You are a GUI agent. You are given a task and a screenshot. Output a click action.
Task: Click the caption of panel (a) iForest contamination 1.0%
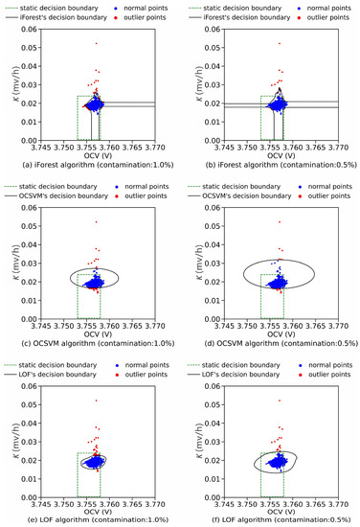[x=91, y=165]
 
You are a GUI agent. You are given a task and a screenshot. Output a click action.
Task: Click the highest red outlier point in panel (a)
[x=96, y=43]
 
